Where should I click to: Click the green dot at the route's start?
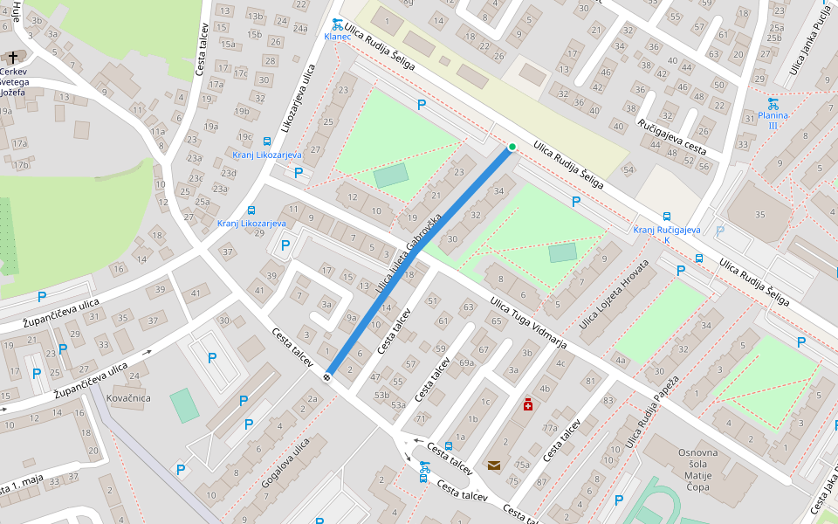(x=512, y=147)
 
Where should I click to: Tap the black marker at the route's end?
(x=326, y=376)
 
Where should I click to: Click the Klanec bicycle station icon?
(x=337, y=24)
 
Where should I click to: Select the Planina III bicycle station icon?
(x=773, y=103)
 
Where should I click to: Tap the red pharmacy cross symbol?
(x=527, y=404)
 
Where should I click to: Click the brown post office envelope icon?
(x=494, y=465)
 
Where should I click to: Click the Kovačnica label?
(x=127, y=398)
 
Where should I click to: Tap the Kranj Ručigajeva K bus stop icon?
(x=667, y=217)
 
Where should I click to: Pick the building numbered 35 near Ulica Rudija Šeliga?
(x=759, y=214)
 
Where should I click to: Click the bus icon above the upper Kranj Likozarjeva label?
(x=267, y=141)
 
